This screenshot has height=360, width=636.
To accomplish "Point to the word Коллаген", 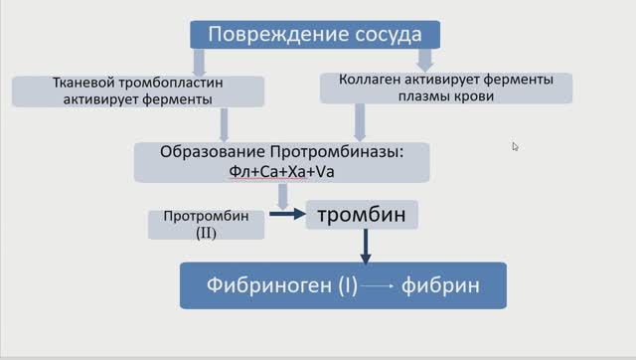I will point(372,80).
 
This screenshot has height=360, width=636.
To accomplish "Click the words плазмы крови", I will point(445,97).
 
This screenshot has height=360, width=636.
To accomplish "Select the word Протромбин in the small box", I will point(206,216).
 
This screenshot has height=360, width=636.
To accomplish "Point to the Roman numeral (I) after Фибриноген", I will point(347,286).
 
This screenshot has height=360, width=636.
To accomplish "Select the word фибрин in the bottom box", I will point(441,286).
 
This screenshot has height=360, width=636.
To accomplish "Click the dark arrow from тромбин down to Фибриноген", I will point(365,246).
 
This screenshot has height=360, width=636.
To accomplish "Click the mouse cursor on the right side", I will point(515,146).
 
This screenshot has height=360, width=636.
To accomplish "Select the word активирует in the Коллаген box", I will point(440,80).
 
